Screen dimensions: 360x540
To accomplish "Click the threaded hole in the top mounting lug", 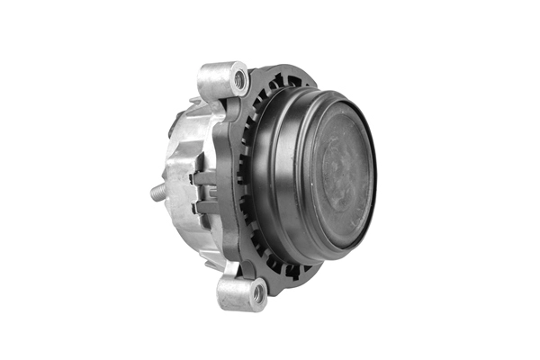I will point(239,79).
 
